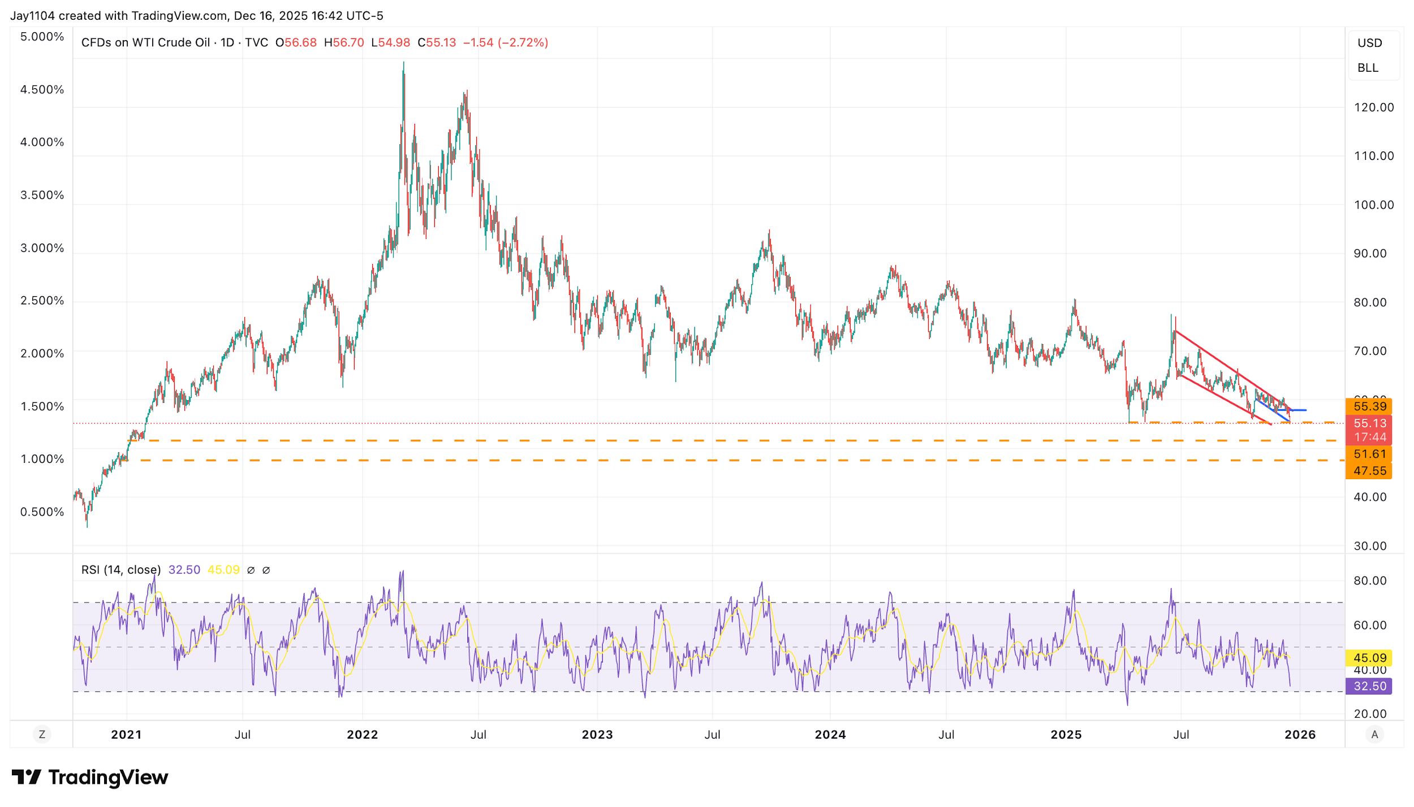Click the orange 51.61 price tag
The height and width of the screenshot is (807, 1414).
coord(1369,454)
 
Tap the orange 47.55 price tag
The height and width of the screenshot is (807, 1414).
coord(1369,471)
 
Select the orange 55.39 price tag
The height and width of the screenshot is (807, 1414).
coord(1369,406)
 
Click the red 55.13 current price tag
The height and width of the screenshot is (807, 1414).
coord(1369,423)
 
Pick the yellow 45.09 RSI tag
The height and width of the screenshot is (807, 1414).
coord(1369,658)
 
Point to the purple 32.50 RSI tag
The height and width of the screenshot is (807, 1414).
coord(1369,686)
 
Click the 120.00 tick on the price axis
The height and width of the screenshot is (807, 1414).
coord(1373,107)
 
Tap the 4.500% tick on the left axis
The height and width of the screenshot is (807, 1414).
coord(42,89)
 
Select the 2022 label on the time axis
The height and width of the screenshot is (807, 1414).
coord(363,735)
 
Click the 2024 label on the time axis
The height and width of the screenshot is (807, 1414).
coord(830,735)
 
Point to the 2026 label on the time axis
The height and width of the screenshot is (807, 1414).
coord(1300,735)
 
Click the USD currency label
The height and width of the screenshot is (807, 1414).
coord(1369,43)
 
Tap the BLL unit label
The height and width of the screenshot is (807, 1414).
coord(1368,68)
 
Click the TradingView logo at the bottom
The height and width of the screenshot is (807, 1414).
coord(90,778)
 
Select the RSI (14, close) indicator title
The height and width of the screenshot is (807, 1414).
coord(121,570)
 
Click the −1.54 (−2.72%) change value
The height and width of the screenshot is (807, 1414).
coord(505,42)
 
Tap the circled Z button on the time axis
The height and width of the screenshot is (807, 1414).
coord(42,735)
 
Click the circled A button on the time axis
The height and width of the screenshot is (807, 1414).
coord(1374,735)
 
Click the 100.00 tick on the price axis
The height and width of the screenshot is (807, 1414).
coord(1373,205)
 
